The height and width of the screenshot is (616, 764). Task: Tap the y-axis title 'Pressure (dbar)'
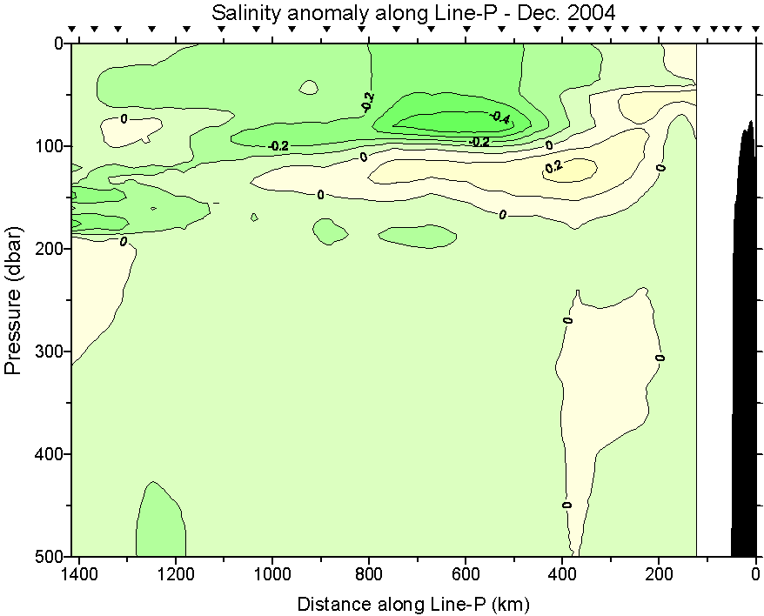pos(13,300)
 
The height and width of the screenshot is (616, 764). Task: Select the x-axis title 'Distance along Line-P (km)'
pos(413,603)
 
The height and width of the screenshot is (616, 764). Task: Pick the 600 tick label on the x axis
pos(466,574)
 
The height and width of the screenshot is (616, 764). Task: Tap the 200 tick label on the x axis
pos(659,574)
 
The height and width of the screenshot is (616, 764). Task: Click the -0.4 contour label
pos(499,117)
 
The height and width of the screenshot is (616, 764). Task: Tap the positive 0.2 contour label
pos(553,166)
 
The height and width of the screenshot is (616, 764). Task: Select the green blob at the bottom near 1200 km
pos(160,522)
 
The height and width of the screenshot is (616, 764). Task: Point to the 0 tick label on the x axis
pos(755,574)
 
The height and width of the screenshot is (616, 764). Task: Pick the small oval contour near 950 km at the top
pos(309,87)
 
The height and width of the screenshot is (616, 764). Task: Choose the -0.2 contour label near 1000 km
pos(278,146)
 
